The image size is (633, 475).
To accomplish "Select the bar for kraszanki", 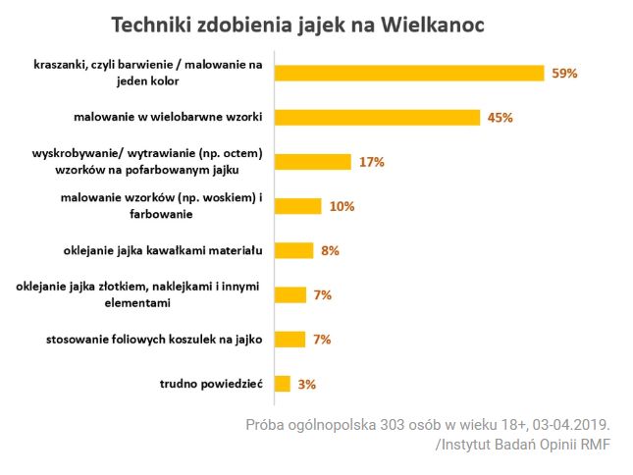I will coord(409,73).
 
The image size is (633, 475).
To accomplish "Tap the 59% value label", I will coord(565,74).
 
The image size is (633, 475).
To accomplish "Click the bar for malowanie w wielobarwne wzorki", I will coord(378,118).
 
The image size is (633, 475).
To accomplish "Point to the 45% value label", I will coord(501,118).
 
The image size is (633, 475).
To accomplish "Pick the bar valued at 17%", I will coord(313,162).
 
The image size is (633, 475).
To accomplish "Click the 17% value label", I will coord(371,162).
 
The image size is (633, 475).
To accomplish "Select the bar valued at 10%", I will coord(298,206).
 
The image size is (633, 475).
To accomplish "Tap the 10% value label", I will coord(343,206).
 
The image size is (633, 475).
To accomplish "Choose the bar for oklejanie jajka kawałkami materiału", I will coord(294,250).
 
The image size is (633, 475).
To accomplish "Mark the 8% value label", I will coord(330,251).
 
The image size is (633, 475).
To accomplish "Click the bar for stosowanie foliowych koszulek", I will coord(290,340).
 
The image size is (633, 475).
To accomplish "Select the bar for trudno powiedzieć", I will coord(283,384).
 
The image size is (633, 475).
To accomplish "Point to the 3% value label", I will coord(306,385).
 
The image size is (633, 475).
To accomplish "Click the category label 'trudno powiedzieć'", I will coord(209,385).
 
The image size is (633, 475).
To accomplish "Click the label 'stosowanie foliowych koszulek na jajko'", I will coord(154,340).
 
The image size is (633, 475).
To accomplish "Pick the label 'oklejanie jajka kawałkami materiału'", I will coord(163,251).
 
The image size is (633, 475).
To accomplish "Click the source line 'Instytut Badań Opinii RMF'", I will coord(523,446).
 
